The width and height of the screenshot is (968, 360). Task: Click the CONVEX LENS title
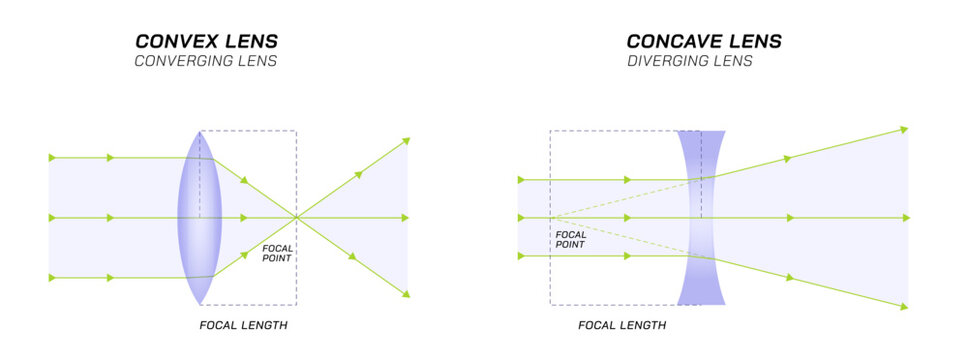207,41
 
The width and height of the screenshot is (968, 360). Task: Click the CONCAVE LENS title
704,41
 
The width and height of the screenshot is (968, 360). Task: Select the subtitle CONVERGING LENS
206,61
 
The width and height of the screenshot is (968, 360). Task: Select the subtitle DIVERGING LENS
690,61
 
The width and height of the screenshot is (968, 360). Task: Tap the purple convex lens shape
199,217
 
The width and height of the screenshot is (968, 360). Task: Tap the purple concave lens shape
701,217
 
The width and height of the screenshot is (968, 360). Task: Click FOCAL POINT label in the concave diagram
570,240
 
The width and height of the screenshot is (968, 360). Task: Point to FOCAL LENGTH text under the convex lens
244,325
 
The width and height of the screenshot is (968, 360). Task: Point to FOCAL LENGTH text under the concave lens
622,325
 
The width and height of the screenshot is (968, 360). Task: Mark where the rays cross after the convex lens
296,217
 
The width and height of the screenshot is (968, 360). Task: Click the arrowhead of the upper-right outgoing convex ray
405,141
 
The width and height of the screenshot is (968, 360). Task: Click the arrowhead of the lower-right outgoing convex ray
405,293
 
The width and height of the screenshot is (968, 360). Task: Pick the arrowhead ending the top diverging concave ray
904,129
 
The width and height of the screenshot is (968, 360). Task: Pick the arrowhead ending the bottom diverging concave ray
904,306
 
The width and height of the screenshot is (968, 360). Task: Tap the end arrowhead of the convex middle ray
405,217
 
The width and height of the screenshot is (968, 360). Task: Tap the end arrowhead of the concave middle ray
906,217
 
